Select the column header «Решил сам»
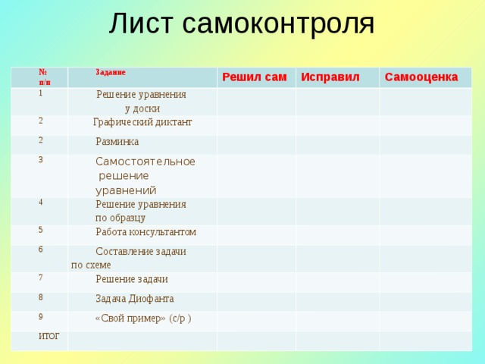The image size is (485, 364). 254,77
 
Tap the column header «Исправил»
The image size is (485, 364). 330,77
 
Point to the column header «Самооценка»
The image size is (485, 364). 421,77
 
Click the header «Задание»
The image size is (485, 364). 110,73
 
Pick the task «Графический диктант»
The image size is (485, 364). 142,122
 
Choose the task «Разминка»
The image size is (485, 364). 117,142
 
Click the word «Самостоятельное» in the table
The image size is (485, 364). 145,162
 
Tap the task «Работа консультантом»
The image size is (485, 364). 145,232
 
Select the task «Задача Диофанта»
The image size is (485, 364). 134,299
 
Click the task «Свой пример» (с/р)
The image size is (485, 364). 142,318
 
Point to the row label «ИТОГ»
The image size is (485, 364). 49,335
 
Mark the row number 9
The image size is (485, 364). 41,315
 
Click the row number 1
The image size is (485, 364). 41,92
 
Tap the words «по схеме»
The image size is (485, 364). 91,265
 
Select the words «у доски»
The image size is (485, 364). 142,108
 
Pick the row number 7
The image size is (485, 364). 41,277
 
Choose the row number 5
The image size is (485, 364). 41,229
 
